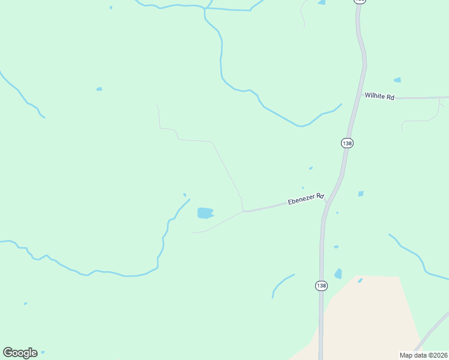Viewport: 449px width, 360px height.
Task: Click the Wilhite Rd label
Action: [x=379, y=95]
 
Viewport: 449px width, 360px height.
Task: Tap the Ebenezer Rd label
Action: [x=306, y=199]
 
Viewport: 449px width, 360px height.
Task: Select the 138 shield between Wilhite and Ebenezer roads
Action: [x=347, y=143]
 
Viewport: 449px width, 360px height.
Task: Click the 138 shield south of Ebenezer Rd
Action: [x=321, y=286]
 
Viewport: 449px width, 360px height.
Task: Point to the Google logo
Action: [x=20, y=353]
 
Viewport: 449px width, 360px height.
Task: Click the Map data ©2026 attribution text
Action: [x=423, y=355]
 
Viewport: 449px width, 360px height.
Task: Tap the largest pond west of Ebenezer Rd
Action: [x=205, y=213]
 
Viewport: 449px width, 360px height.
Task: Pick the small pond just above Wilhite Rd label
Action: [x=397, y=80]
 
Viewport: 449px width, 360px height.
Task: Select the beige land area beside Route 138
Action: [x=372, y=318]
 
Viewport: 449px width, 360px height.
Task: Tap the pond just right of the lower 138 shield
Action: [x=339, y=274]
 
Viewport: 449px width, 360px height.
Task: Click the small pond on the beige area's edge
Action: [x=360, y=280]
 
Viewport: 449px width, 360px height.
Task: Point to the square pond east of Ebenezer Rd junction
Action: [x=361, y=194]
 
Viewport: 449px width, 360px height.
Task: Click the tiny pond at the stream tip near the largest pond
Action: [x=184, y=194]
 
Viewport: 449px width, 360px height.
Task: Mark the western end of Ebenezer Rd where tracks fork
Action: [x=243, y=211]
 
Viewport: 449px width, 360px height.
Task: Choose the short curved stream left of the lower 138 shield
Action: [x=281, y=283]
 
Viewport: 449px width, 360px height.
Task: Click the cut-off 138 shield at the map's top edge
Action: [x=359, y=2]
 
